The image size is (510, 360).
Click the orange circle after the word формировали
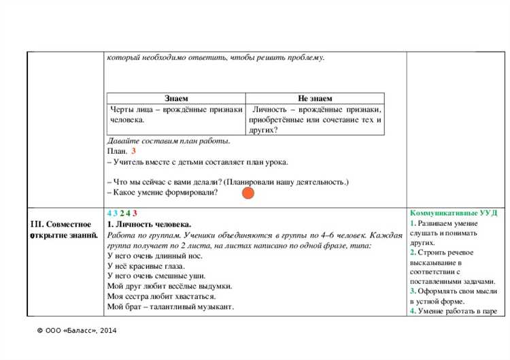tap(248, 193)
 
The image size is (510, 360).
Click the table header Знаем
tap(176, 99)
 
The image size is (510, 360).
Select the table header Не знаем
tap(315, 99)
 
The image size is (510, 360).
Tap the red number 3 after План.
tap(133, 151)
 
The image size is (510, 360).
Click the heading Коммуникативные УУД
tap(454, 213)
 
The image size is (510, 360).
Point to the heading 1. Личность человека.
tap(150, 224)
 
